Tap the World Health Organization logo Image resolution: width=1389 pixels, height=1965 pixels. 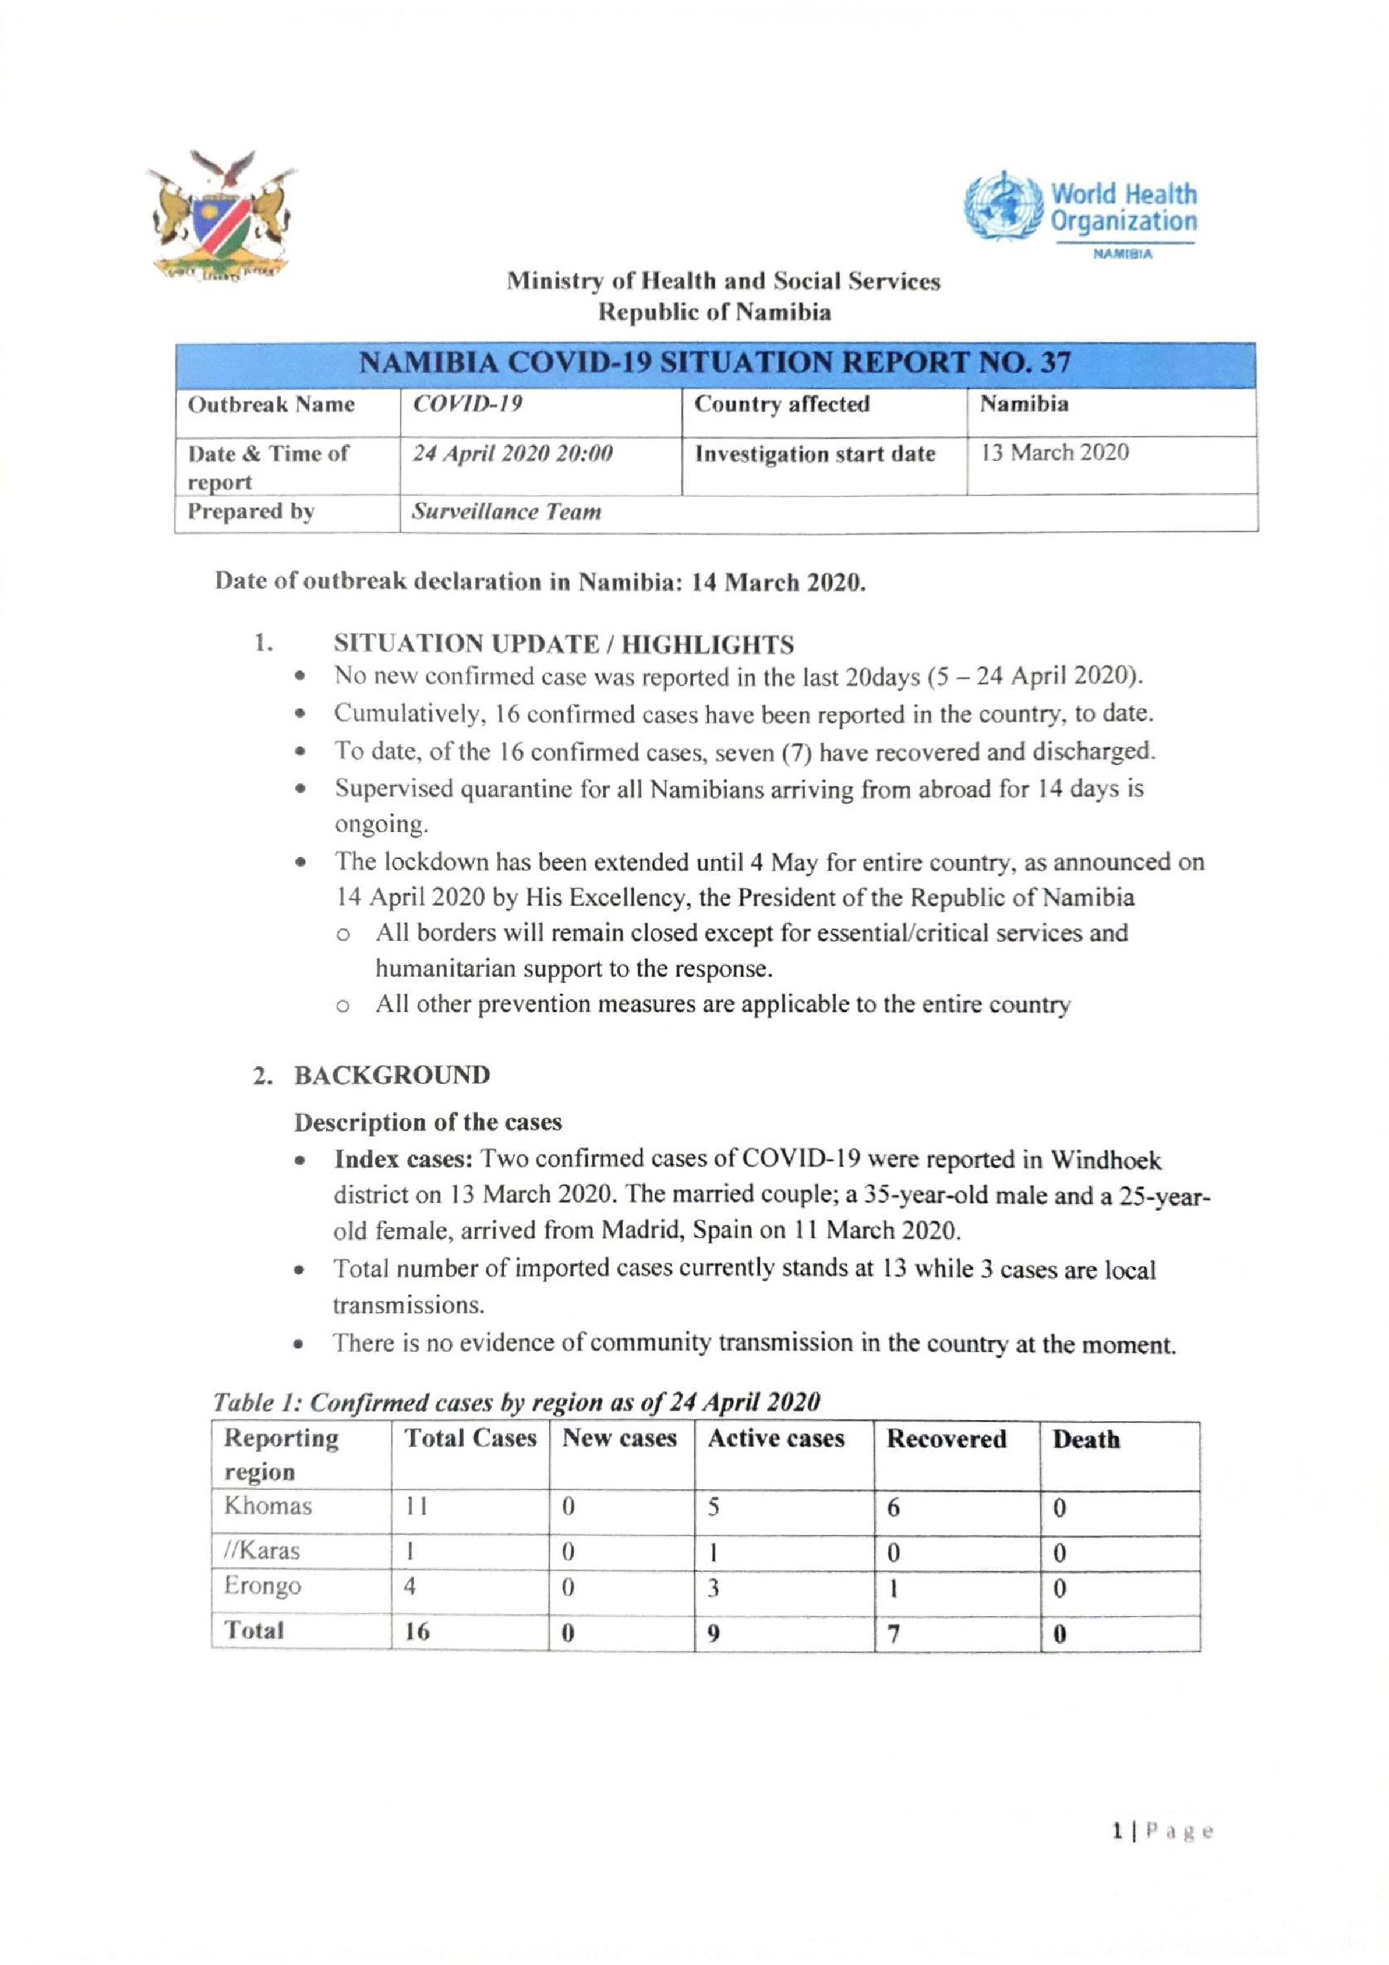[x=1081, y=213]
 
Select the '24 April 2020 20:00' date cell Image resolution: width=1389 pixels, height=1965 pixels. [x=513, y=454]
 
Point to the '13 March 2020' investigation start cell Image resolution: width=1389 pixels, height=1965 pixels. [x=1054, y=453]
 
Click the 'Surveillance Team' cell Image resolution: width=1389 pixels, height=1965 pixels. [x=507, y=512]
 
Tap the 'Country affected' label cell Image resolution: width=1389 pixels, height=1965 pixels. [x=782, y=404]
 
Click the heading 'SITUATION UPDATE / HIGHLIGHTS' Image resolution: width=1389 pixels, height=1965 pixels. [x=563, y=644]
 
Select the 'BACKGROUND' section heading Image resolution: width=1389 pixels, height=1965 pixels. [x=392, y=1075]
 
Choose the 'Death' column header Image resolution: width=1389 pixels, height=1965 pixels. [x=1085, y=1439]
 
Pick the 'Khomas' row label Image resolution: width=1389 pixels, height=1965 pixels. [x=268, y=1505]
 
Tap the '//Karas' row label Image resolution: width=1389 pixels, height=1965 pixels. [x=262, y=1550]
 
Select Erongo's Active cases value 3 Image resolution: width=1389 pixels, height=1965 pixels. [x=713, y=1589]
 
